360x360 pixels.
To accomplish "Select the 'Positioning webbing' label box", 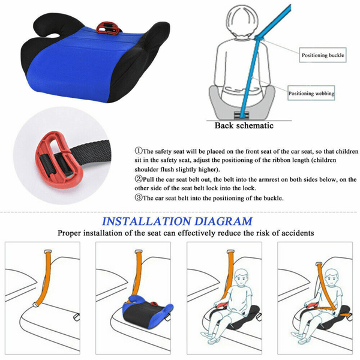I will tap(311, 94).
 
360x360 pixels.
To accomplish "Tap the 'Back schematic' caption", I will tap(244, 126).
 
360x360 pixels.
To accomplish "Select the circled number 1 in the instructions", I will tap(138, 151).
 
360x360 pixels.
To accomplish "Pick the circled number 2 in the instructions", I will tap(138, 178).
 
